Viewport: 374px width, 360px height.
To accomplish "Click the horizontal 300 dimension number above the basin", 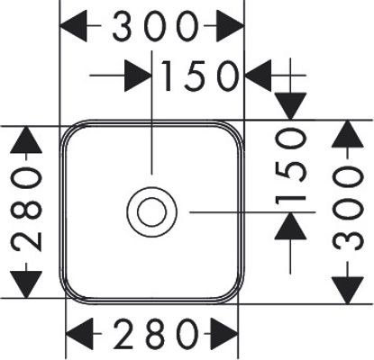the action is (156, 26).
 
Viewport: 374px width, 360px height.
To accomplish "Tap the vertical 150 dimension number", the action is (290, 166).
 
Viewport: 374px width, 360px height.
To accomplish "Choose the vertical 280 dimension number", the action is (26, 209).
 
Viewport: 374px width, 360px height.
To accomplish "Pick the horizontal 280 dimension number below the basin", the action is (157, 334).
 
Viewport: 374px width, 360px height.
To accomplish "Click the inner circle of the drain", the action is (151, 212).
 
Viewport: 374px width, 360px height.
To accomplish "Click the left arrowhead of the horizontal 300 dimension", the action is (74, 26).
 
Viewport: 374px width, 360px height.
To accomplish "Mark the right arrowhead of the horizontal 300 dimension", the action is (230, 26).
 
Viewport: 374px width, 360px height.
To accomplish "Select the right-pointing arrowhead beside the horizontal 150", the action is (138, 76).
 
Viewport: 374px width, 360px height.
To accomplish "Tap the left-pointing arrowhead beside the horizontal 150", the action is (259, 76).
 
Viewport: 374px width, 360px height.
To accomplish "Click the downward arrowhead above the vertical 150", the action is (290, 106).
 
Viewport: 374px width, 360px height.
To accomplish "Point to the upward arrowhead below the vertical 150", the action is (290, 226).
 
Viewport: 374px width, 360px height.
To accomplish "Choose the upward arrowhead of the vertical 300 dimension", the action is (348, 134).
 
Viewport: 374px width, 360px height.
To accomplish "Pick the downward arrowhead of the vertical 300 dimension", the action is (348, 291).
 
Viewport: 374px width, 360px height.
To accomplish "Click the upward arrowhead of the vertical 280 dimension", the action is (26, 139).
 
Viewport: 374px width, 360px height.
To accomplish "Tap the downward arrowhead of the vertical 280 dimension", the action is (26, 284).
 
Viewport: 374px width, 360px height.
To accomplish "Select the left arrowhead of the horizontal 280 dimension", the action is (79, 334).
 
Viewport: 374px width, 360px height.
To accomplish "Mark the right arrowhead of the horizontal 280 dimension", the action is (224, 334).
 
